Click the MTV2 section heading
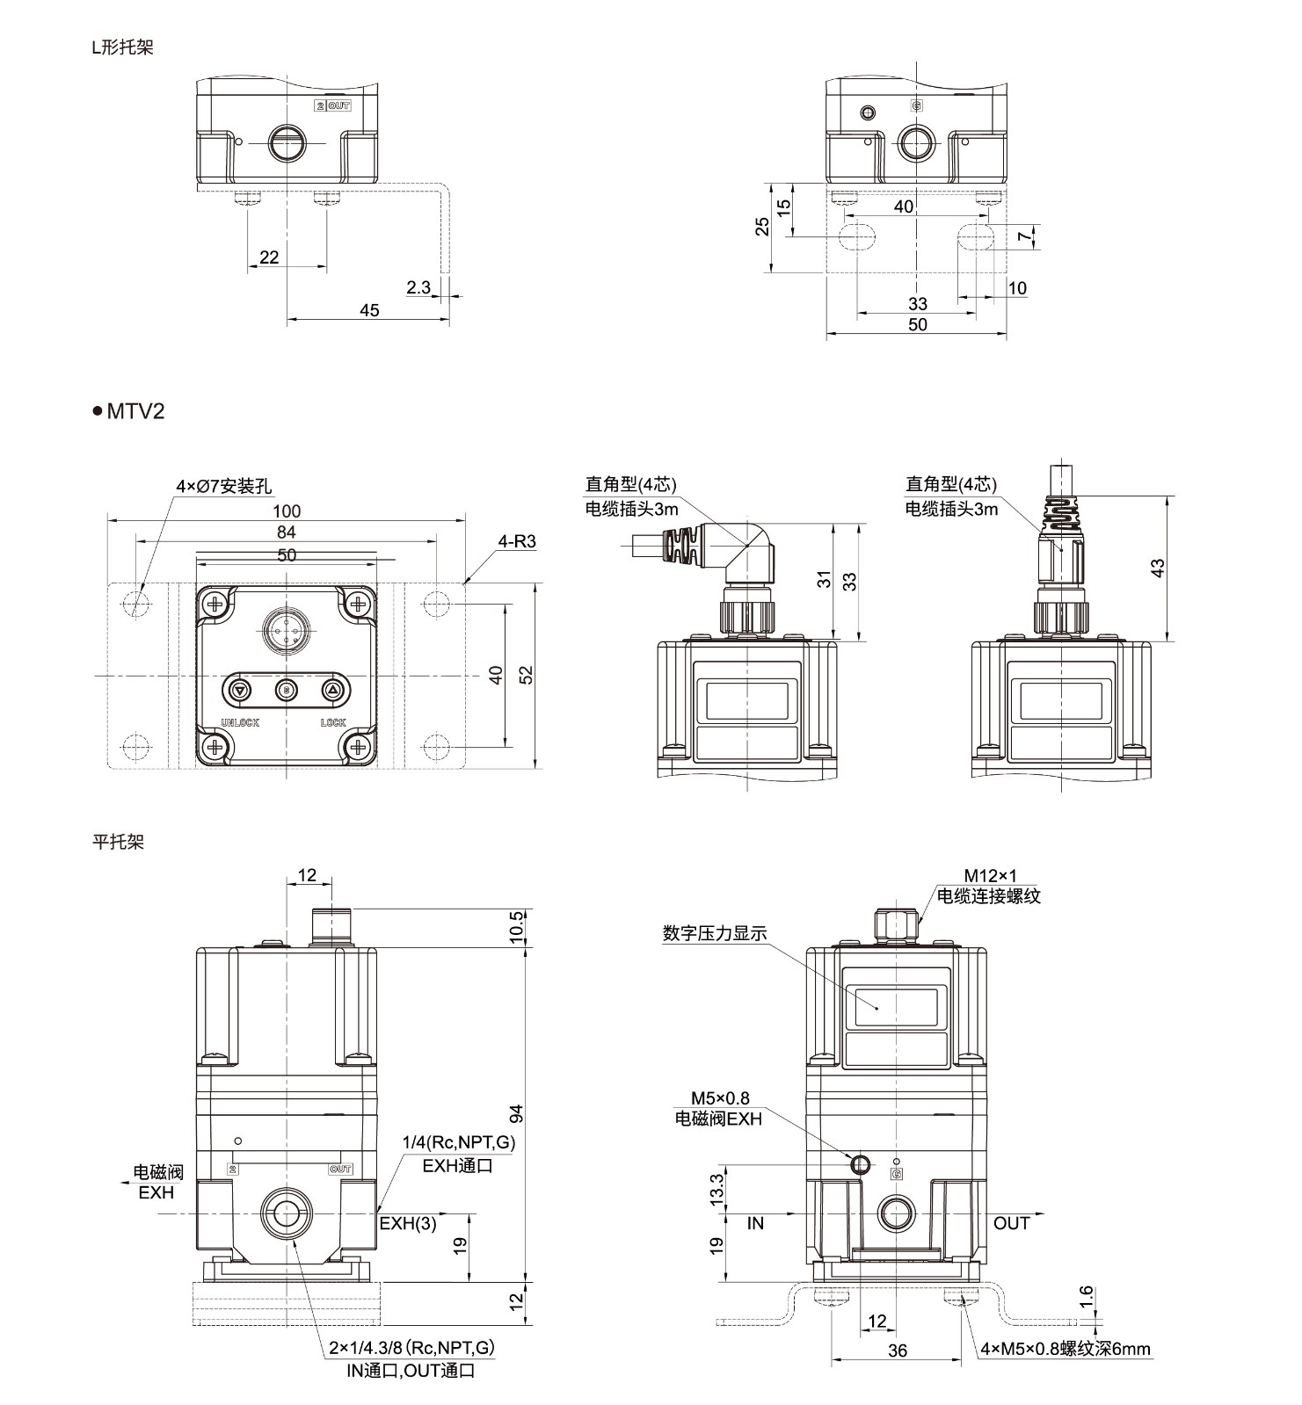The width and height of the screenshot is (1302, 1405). pyautogui.click(x=135, y=411)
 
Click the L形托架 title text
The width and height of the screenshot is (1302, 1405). pyautogui.click(x=123, y=48)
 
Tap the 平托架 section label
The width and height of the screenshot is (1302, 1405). pyautogui.click(x=119, y=842)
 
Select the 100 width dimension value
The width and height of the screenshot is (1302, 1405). pyautogui.click(x=287, y=511)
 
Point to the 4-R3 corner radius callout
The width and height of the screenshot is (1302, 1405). pyautogui.click(x=517, y=541)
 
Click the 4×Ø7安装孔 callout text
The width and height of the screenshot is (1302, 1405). pyautogui.click(x=223, y=486)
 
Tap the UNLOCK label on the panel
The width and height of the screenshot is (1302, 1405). pyautogui.click(x=239, y=723)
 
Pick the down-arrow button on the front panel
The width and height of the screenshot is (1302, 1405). pyautogui.click(x=239, y=691)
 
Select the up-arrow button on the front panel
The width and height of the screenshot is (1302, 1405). pyautogui.click(x=332, y=691)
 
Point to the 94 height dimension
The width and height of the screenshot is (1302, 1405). pyautogui.click(x=518, y=1114)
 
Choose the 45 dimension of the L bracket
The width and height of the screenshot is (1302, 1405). pyautogui.click(x=369, y=310)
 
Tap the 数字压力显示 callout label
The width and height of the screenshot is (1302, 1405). pyautogui.click(x=715, y=933)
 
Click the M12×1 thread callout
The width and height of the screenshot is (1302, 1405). pyautogui.click(x=990, y=876)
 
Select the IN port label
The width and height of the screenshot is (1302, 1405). pyautogui.click(x=756, y=1223)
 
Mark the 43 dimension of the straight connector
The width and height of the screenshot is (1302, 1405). pyautogui.click(x=1158, y=569)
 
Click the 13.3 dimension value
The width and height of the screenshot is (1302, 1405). pyautogui.click(x=717, y=1188)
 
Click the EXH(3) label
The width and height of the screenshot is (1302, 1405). pyautogui.click(x=408, y=1223)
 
